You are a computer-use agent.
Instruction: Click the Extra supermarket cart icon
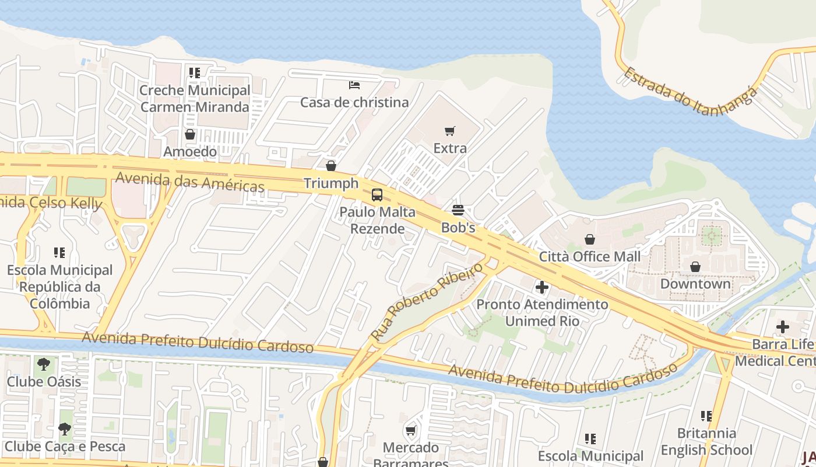pos(449,131)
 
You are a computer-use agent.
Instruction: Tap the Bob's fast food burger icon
pos(458,210)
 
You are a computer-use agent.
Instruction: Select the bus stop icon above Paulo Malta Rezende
pos(377,195)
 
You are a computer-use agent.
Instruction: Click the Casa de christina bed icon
pos(354,85)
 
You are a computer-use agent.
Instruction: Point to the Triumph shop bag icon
pos(331,166)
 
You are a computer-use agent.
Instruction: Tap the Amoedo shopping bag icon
pos(190,134)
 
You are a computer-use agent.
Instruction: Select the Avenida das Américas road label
pos(190,182)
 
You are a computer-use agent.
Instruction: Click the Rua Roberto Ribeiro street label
pos(427,301)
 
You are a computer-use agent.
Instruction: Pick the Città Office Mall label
pos(589,256)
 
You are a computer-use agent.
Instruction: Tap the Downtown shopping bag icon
pos(695,267)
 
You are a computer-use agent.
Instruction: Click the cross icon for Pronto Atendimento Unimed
pos(542,287)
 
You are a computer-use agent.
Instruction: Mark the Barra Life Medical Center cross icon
pos(783,327)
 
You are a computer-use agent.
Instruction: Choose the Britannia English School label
pos(706,442)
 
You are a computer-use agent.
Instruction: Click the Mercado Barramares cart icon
pos(411,431)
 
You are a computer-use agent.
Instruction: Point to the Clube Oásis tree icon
pos(43,365)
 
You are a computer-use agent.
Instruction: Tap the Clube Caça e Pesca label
pos(65,447)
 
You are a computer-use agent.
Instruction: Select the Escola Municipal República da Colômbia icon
pos(59,253)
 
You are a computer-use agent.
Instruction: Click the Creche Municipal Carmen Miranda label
pos(195,99)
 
